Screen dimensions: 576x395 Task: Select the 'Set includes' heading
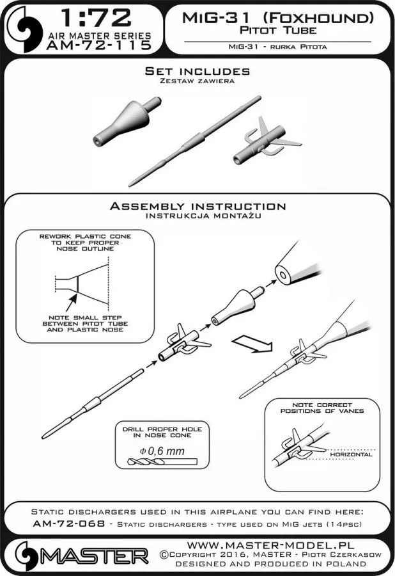pos(197,70)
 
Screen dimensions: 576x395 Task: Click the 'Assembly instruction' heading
pos(197,206)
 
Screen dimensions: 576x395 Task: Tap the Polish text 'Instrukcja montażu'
pos(197,216)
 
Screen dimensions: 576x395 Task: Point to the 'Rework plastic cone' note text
pos(85,244)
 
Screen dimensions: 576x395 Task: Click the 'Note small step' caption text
pos(85,326)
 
